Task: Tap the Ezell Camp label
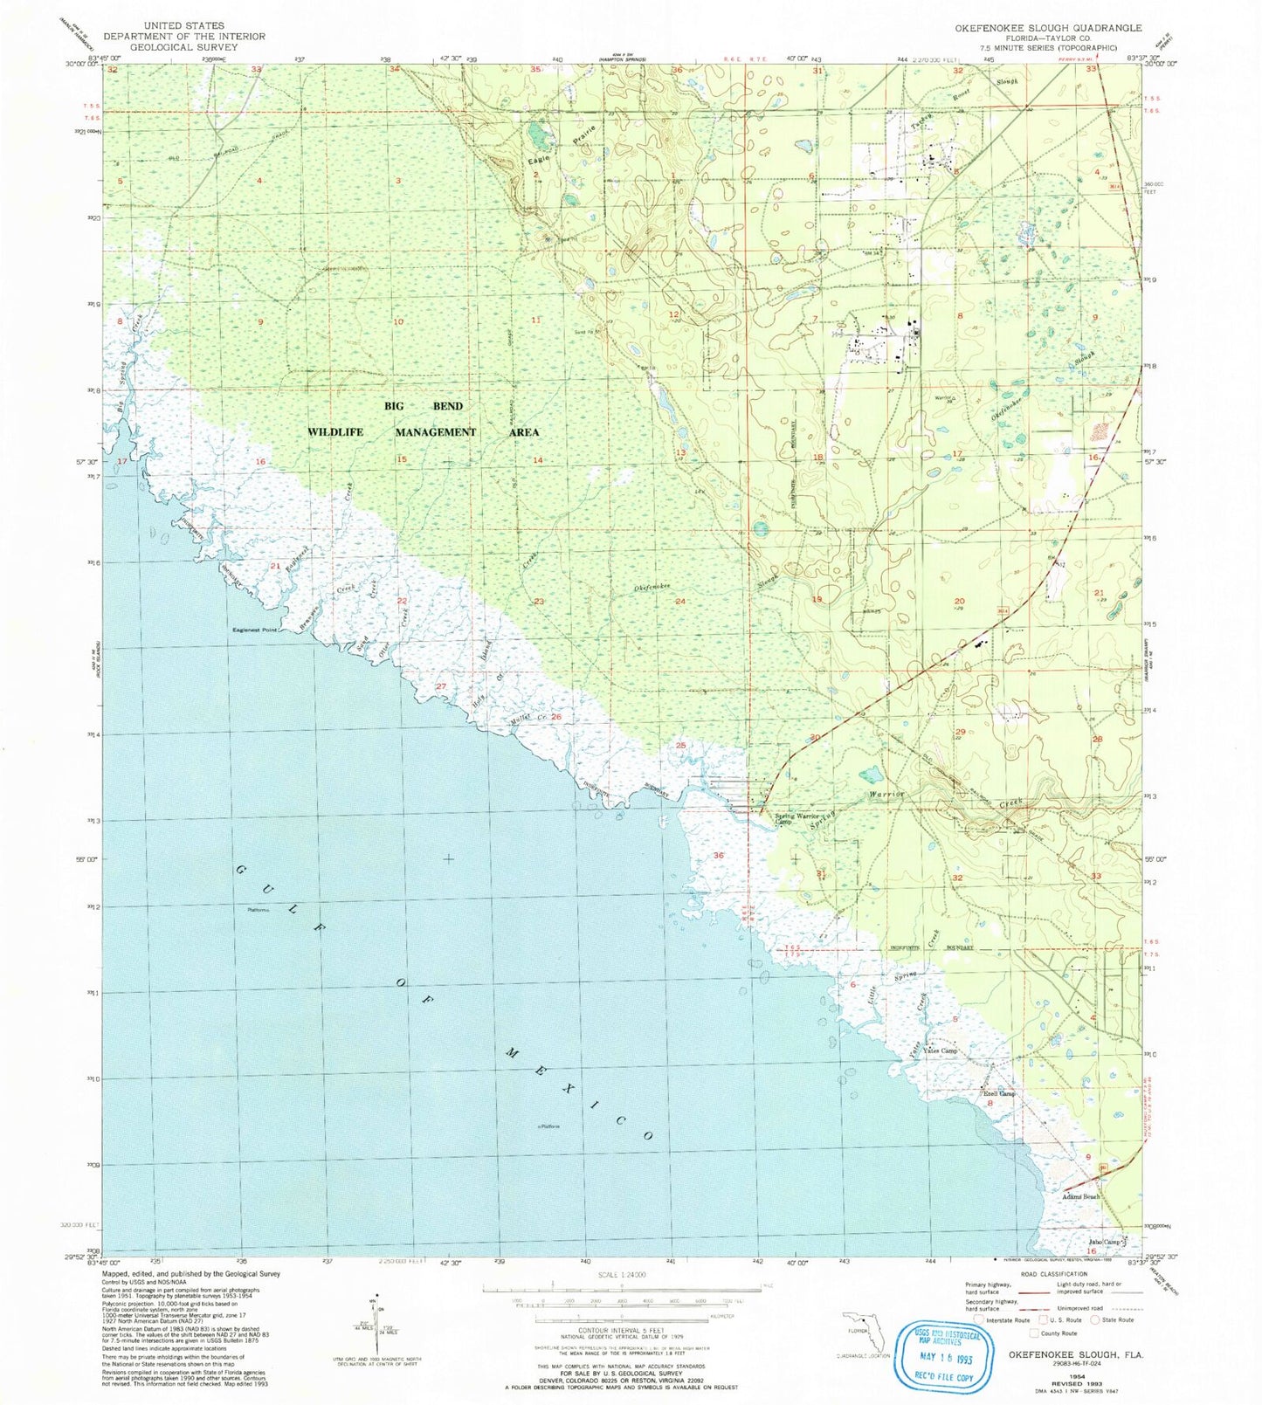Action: [999, 1093]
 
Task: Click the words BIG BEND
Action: [424, 407]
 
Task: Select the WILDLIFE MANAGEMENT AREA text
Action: [423, 432]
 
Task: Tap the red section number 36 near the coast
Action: [719, 856]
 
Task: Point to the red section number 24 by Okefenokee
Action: [679, 603]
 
